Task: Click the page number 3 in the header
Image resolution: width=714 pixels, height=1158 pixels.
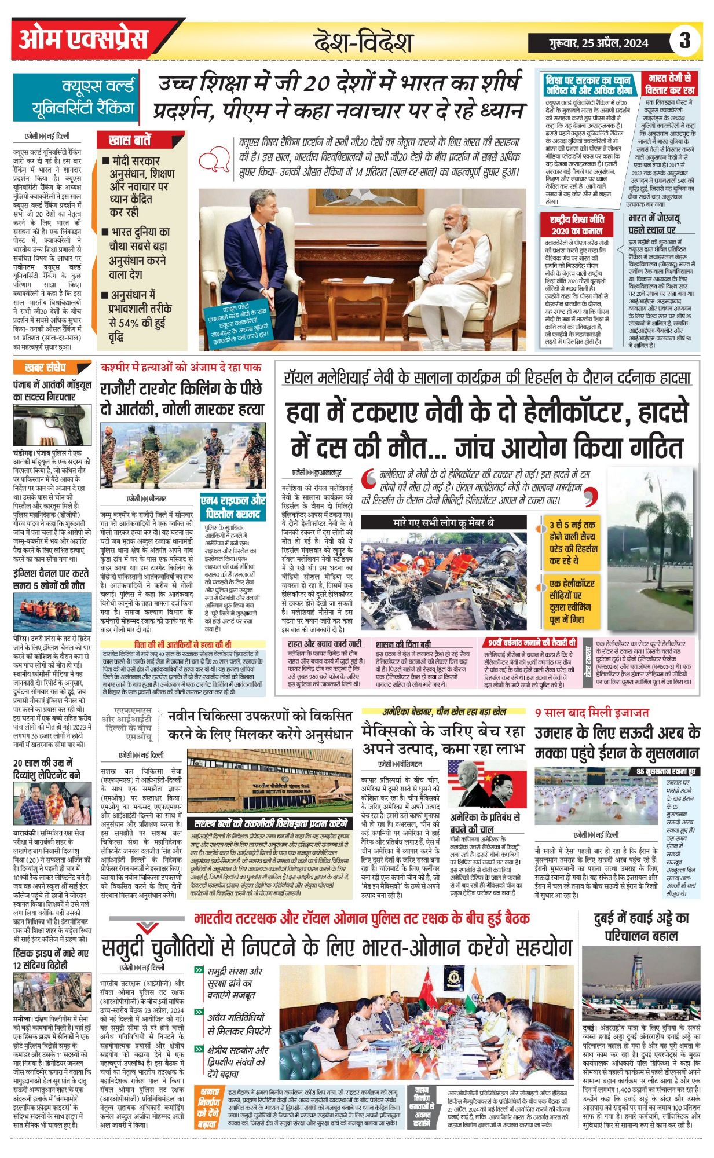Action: [684, 41]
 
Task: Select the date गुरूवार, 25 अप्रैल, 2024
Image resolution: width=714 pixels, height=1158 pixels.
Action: [598, 43]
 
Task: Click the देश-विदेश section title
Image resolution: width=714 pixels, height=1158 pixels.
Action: [363, 42]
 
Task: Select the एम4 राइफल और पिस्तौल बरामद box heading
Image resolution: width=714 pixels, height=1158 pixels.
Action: [233, 507]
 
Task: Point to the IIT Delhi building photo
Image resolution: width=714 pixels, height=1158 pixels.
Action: [269, 781]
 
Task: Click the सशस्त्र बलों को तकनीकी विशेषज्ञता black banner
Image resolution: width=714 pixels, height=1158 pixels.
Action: [270, 823]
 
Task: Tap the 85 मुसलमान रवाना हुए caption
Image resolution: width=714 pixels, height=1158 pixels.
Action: [665, 772]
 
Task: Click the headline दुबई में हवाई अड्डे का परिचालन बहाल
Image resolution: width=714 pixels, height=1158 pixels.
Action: [641, 926]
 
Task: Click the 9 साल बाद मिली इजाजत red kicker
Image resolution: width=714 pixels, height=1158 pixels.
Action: [591, 713]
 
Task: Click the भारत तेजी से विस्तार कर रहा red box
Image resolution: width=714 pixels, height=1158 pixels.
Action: [669, 85]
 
